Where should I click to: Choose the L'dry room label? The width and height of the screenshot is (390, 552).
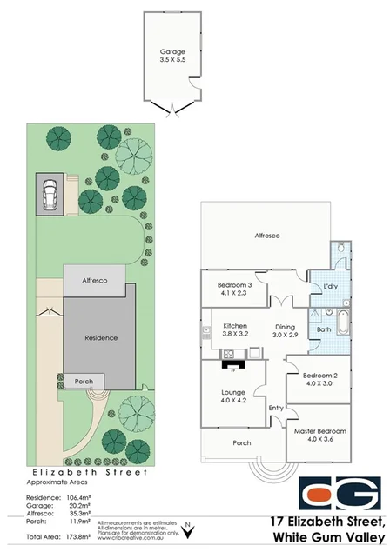pos(330,286)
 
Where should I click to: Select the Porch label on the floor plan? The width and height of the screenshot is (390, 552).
pos(242,442)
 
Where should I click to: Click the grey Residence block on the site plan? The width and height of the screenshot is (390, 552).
pos(100,337)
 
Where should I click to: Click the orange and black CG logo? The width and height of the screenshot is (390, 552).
pos(340,494)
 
